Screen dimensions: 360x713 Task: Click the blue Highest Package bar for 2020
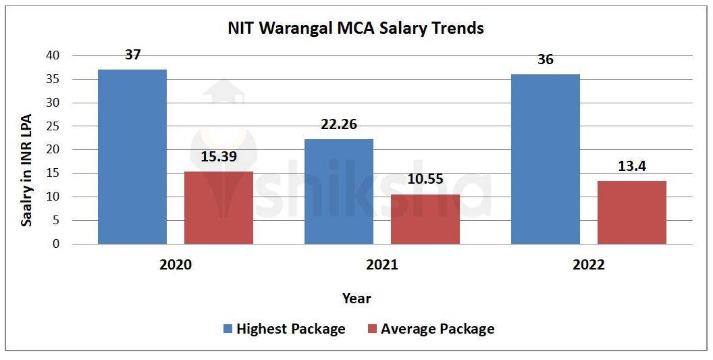(132, 157)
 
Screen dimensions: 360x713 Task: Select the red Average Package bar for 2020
(219, 207)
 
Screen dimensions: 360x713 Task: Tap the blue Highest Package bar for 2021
(339, 191)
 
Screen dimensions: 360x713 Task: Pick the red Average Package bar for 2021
(425, 219)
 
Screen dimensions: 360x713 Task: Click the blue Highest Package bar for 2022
(546, 159)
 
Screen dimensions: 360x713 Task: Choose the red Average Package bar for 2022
(632, 212)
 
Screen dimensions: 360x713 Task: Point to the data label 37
(133, 55)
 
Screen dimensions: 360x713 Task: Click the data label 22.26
(339, 124)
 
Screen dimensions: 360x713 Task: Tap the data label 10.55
(425, 180)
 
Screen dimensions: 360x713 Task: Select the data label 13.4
(632, 166)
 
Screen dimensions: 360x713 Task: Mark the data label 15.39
(219, 157)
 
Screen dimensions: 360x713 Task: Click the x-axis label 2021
(381, 265)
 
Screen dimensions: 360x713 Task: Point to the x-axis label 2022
(588, 265)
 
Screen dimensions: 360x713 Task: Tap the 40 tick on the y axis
(52, 55)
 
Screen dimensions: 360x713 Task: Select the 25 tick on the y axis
(52, 126)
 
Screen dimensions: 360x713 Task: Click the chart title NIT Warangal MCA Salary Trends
(356, 28)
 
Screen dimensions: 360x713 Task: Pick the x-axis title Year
(356, 298)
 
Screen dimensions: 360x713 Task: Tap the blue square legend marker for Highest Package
(228, 329)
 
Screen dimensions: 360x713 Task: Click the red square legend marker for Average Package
(373, 329)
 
